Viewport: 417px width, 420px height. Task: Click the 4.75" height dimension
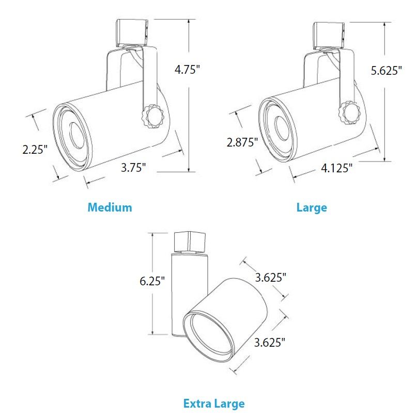coord(187,69)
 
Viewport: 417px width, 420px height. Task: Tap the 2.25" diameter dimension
coord(35,149)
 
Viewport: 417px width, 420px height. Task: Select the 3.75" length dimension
coord(133,167)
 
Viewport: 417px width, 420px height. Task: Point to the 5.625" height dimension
coord(387,70)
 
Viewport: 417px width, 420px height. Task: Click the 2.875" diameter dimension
coord(242,142)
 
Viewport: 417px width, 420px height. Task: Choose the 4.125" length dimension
coord(336,168)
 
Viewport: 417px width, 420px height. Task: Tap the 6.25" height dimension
coord(152,281)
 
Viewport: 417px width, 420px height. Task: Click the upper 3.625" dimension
coord(271,277)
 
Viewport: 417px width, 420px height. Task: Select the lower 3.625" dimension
coord(270,342)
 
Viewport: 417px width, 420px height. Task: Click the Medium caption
coord(110,207)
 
